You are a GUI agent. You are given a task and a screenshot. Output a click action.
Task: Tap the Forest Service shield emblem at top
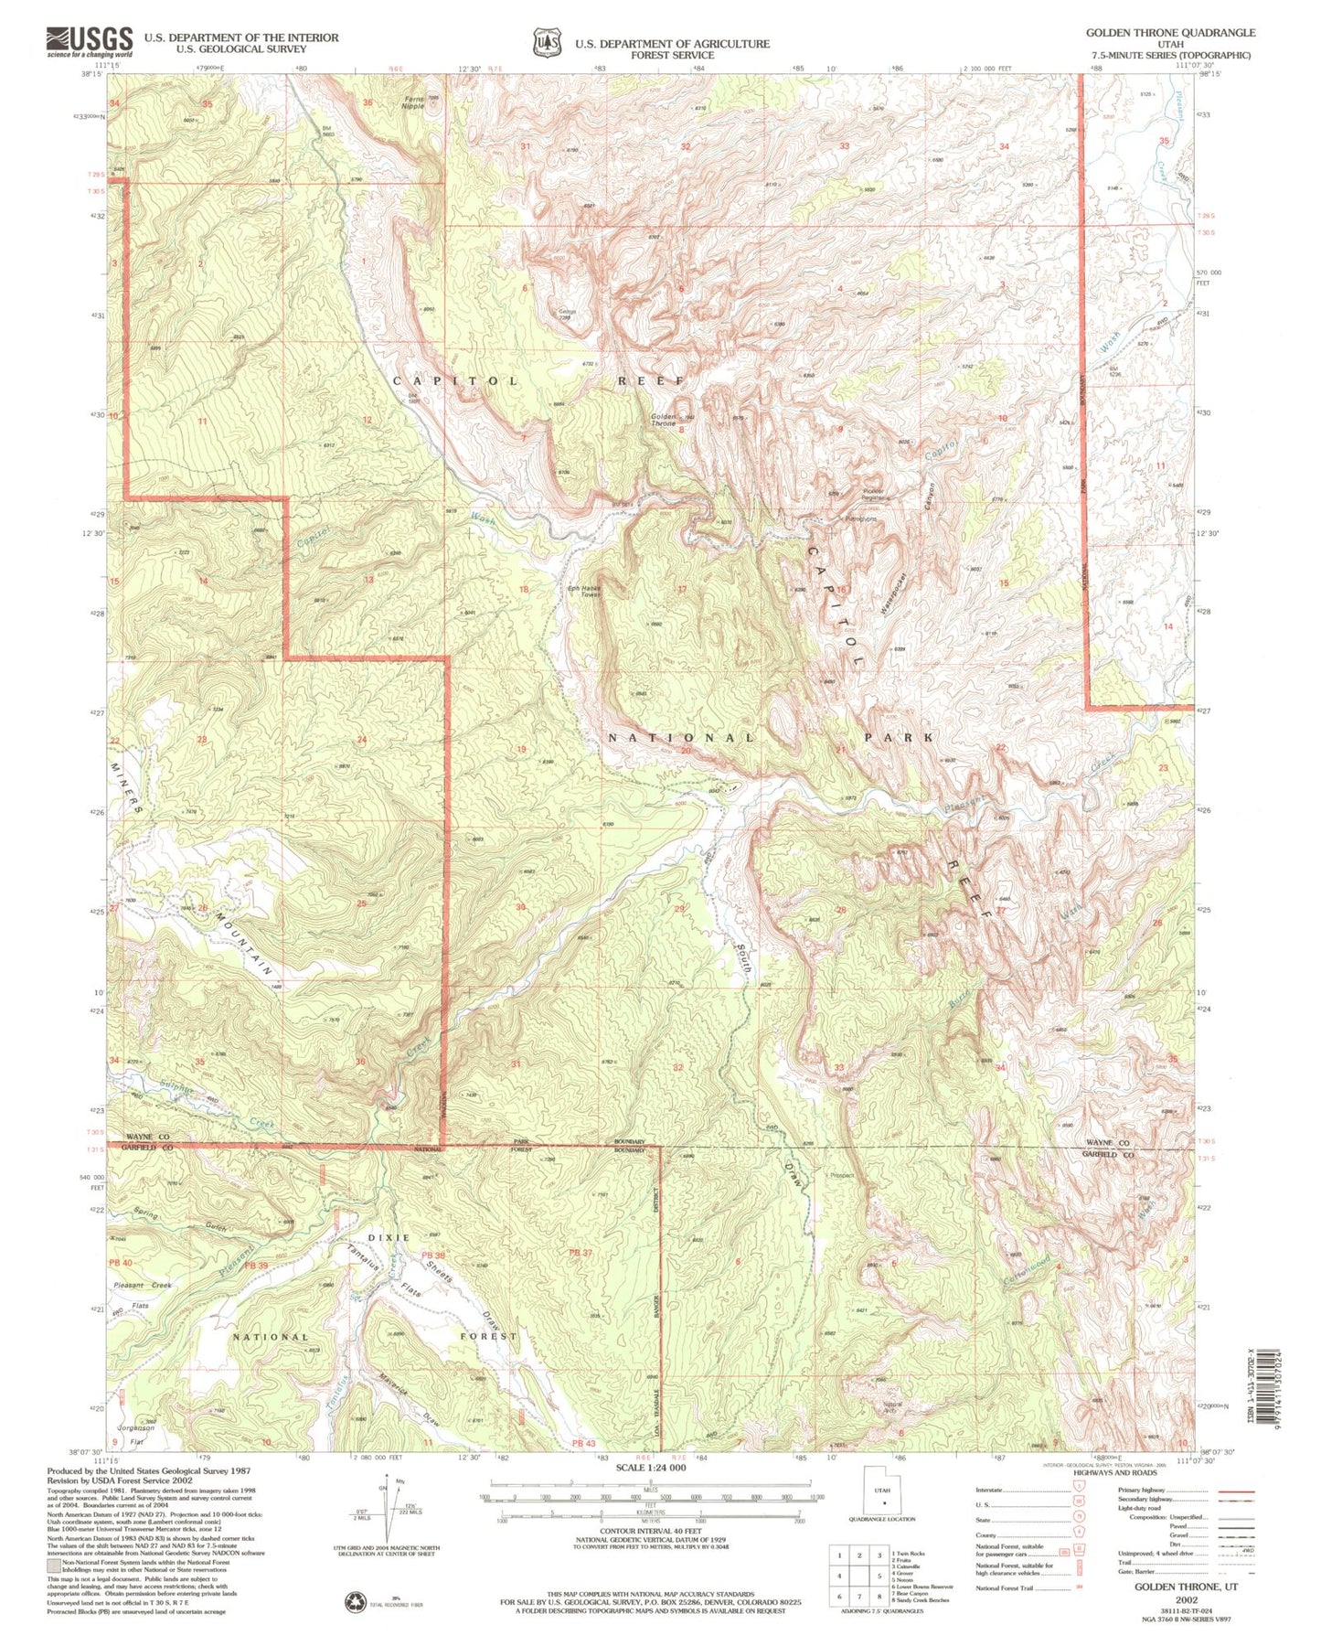547,42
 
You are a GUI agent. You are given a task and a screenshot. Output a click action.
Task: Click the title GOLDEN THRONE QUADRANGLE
1170,32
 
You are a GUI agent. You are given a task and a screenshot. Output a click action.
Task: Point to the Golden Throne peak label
664,420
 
